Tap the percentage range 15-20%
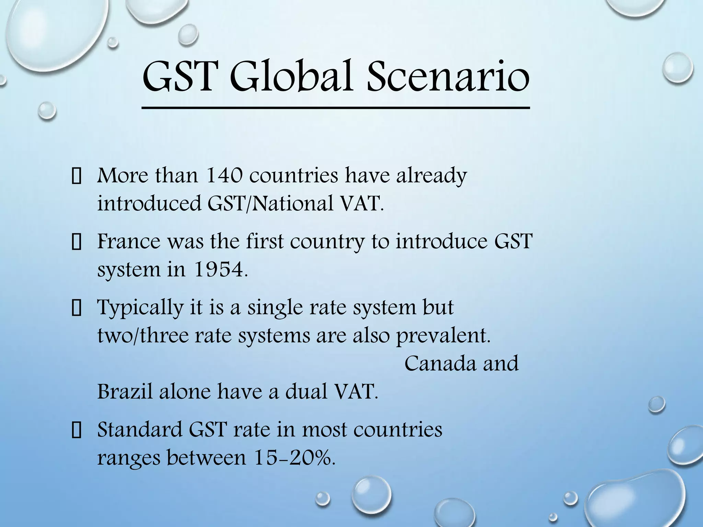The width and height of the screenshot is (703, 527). coord(294,458)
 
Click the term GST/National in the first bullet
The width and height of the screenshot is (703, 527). coord(270,204)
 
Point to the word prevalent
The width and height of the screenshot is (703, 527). coord(443,336)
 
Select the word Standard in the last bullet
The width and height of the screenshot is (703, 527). coord(139,429)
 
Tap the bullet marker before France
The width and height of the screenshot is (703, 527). coord(76,243)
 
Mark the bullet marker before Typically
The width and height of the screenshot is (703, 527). coord(76,309)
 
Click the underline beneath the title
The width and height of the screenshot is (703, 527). coord(336,108)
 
